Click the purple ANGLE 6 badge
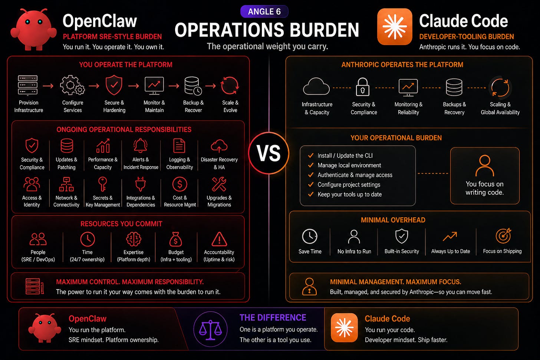coord(264,11)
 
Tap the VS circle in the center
coord(269,153)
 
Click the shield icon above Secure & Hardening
coord(114,85)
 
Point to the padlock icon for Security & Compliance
coord(363,87)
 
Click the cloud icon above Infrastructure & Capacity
coord(316,86)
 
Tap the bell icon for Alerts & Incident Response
coord(140,146)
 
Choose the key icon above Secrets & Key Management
coord(102,184)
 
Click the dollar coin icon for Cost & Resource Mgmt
coord(180,184)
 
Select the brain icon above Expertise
coord(134,239)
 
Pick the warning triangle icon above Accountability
coord(219,239)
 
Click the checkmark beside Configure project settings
coord(311,185)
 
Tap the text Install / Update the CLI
coord(345,156)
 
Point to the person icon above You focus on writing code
coord(484,166)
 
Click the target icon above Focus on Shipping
coord(503,236)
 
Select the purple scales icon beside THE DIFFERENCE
coord(210,329)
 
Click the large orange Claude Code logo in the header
coord(395,26)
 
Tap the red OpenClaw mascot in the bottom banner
coord(45,328)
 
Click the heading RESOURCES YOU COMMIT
coord(121,224)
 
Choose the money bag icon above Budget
coord(175,239)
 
